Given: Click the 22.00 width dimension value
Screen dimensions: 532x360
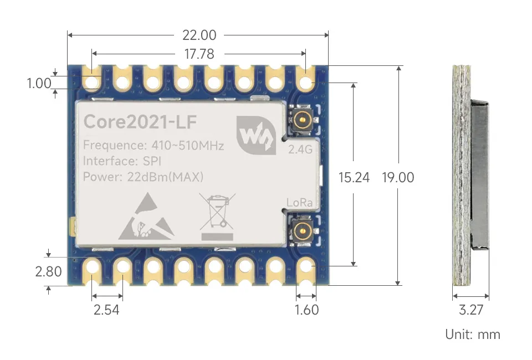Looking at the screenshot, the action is (x=199, y=35).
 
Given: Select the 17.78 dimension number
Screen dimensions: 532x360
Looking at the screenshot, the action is (x=199, y=54).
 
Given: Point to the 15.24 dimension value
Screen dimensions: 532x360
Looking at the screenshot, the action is (x=354, y=177).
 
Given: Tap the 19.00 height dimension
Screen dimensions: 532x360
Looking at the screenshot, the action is (x=398, y=177).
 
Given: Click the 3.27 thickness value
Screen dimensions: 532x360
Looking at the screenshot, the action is (x=471, y=310).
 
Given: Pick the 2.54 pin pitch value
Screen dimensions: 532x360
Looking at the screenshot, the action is (x=106, y=310).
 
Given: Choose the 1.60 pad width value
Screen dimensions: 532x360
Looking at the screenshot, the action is (x=306, y=310).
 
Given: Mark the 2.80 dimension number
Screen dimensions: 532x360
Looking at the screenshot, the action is (x=49, y=271).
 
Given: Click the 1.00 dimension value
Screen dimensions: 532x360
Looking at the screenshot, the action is (x=39, y=83).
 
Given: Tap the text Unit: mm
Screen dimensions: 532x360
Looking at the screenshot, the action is (x=473, y=334).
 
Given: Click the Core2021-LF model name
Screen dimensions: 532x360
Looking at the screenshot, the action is (x=140, y=122).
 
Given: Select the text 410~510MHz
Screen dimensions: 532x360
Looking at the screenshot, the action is (x=188, y=146).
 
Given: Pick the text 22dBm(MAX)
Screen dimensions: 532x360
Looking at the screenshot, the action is (x=165, y=177).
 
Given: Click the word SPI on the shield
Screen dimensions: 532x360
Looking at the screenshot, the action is (x=152, y=161).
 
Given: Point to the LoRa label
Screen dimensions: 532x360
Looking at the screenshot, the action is (x=299, y=202).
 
